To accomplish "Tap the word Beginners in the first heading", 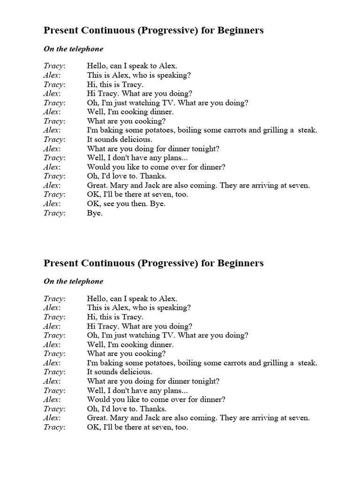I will (x=240, y=30).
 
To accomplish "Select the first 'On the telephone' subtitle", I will (x=74, y=49).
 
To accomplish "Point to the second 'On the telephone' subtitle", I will (x=74, y=281).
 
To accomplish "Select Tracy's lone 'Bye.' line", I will (x=95, y=213).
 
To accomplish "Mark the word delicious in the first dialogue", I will (x=136, y=140).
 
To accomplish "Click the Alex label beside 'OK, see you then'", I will (x=52, y=204).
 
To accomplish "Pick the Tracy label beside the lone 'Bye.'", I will (x=54, y=213).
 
